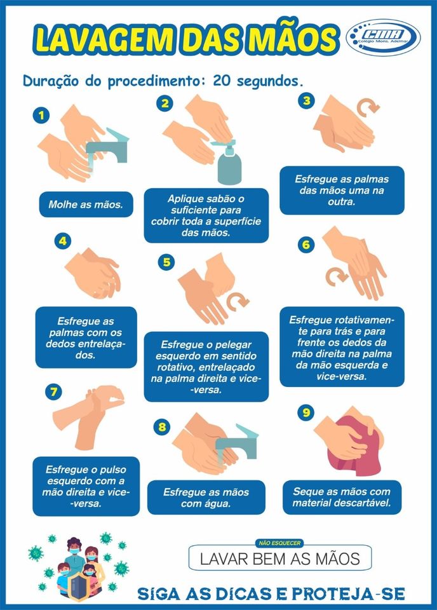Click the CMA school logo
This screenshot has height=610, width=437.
[x=383, y=37]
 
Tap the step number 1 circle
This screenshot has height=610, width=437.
[x=41, y=116]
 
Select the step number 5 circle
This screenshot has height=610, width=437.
[x=166, y=262]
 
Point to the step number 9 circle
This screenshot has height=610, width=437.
[x=306, y=412]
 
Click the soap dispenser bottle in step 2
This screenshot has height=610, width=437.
[x=229, y=161]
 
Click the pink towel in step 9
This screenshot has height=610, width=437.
[x=352, y=447]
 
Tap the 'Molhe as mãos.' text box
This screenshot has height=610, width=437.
[x=86, y=204]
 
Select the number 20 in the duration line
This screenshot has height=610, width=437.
[x=222, y=81]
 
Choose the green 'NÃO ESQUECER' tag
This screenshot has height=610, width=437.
[x=280, y=543]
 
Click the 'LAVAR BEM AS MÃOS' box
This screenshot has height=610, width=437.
[x=280, y=558]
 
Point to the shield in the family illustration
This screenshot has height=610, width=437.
[x=79, y=586]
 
